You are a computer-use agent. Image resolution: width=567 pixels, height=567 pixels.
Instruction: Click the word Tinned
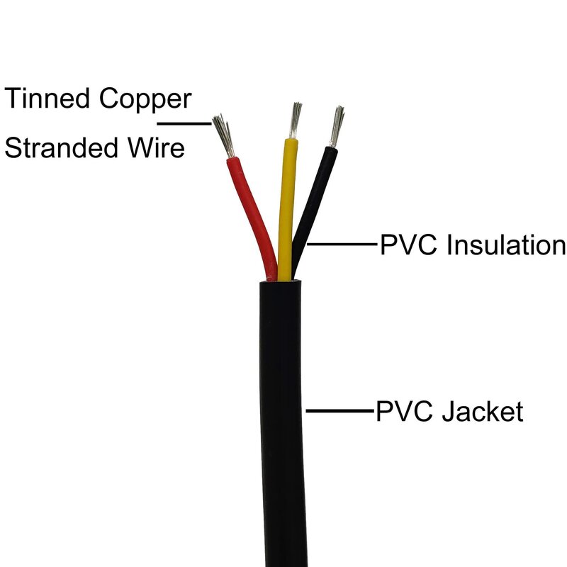click(47, 99)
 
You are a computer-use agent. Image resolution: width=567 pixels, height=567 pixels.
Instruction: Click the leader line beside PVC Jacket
click(340, 410)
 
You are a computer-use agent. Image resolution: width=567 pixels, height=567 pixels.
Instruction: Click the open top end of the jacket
click(281, 281)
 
